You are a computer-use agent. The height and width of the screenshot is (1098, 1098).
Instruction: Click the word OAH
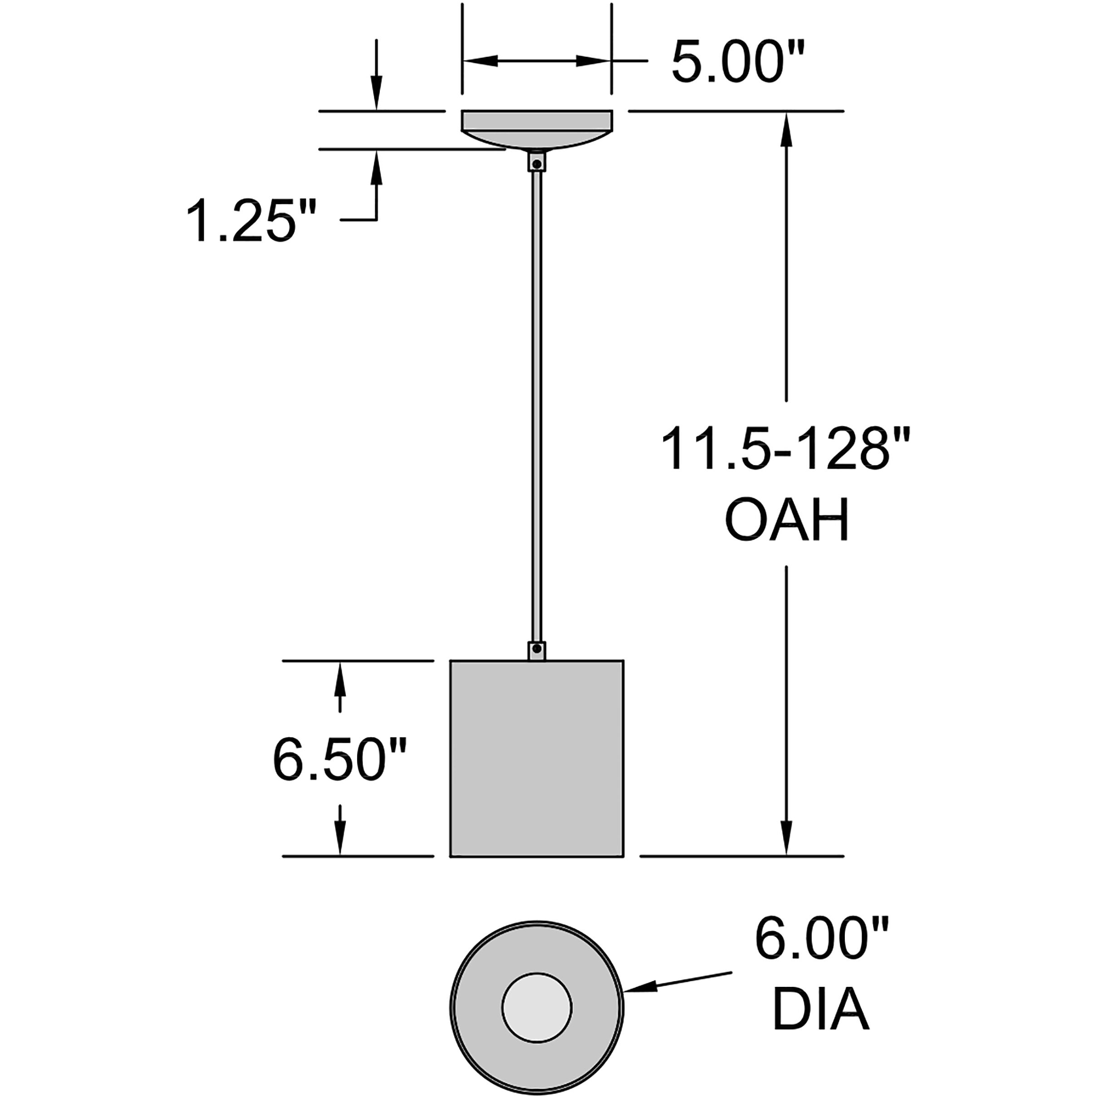coord(787,520)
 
